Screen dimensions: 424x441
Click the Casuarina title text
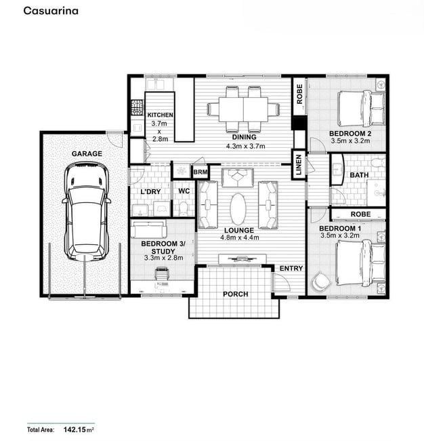(x=51, y=11)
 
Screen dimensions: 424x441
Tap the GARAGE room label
(x=87, y=153)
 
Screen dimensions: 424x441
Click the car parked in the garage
(x=86, y=211)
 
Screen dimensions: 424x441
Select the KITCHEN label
(x=161, y=115)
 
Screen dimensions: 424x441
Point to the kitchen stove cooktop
(x=137, y=108)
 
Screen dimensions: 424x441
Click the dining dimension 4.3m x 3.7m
(x=245, y=146)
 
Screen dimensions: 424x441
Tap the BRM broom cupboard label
(x=200, y=172)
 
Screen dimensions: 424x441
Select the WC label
(x=184, y=191)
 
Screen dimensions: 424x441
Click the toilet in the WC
(x=183, y=209)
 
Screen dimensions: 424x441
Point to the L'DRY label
(x=150, y=191)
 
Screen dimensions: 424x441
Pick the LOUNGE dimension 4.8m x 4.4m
(x=240, y=237)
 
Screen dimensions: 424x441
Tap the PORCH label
(x=236, y=294)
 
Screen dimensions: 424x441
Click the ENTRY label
(x=291, y=268)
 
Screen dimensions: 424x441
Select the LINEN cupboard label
(x=299, y=165)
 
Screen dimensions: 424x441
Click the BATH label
(x=359, y=175)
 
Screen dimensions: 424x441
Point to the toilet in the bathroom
(x=378, y=163)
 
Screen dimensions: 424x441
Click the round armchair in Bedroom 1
(x=320, y=281)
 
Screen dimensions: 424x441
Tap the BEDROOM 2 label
(x=350, y=133)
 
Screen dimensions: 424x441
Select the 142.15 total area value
(x=75, y=429)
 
